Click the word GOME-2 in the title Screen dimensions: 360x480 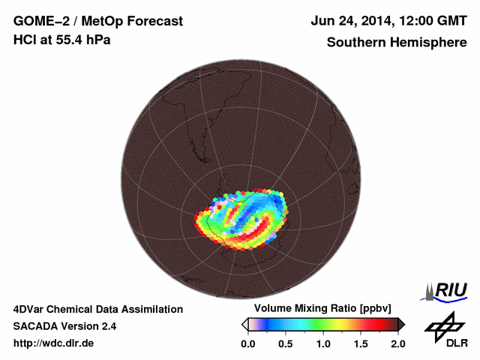[x=37, y=21]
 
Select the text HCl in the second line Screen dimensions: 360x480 [x=24, y=40]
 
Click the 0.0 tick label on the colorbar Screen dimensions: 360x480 [x=248, y=343]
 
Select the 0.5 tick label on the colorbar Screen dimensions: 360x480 [x=286, y=343]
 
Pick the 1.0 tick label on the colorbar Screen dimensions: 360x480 [x=323, y=343]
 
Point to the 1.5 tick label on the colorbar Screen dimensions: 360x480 [x=361, y=343]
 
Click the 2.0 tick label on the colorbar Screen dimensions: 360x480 [x=397, y=343]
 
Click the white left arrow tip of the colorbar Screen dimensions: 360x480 [x=244, y=324]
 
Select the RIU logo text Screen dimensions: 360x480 [x=451, y=289]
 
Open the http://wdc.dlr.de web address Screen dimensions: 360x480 [x=54, y=343]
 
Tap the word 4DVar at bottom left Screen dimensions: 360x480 [x=29, y=309]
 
